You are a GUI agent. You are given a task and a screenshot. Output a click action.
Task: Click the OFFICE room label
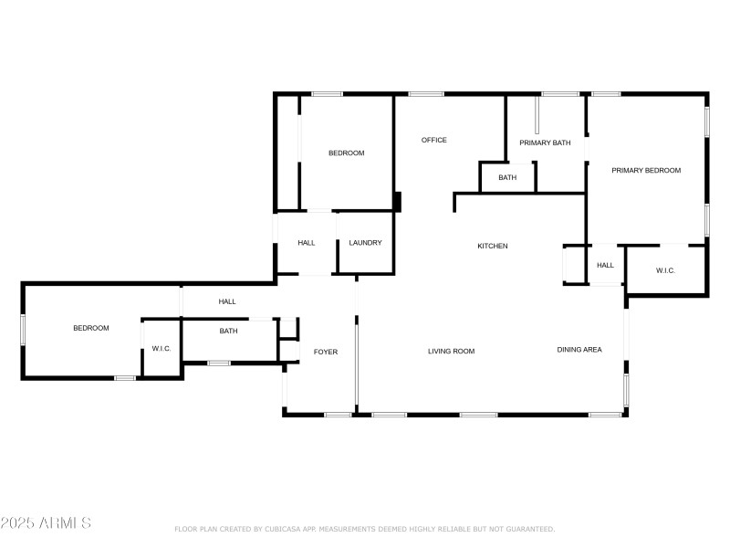433,140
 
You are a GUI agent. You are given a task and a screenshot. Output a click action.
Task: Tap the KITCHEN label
493,246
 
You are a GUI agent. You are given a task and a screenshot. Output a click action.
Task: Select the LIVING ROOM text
452,351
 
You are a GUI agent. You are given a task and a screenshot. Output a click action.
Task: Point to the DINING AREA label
579,350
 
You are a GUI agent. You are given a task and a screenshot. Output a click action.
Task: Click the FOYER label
326,352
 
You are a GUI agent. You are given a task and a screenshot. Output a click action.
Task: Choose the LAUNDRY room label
365,243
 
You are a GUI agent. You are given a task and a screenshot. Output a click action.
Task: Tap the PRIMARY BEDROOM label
646,170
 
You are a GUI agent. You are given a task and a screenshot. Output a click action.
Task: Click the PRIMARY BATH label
545,142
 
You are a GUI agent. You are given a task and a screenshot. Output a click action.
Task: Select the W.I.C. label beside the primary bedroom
664,270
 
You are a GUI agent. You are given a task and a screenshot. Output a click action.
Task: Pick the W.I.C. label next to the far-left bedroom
162,348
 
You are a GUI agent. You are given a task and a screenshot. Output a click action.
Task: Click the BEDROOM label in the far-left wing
91,328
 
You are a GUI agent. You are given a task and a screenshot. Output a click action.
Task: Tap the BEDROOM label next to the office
346,153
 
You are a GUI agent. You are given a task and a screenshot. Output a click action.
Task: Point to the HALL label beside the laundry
307,243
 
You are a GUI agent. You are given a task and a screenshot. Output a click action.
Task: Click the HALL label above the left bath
227,301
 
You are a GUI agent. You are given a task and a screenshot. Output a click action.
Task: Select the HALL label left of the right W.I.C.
606,265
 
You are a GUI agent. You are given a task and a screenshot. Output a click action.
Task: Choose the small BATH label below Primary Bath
507,177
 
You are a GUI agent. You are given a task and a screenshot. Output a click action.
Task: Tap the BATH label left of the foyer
228,331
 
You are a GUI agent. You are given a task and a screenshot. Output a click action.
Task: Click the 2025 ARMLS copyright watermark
46,523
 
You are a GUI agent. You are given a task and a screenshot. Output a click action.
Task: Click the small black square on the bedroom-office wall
397,201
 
